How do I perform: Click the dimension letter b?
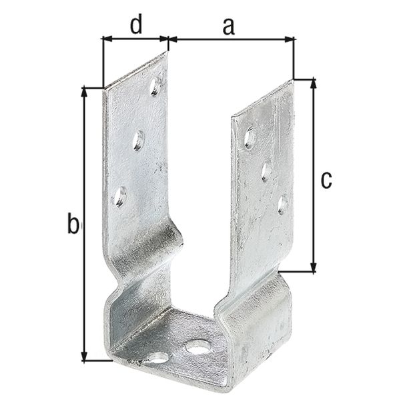click(73, 224)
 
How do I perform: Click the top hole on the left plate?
click(155, 85)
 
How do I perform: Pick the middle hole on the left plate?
click(138, 140)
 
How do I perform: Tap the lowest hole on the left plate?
click(119, 196)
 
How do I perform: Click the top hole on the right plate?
click(250, 138)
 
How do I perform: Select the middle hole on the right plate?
click(266, 171)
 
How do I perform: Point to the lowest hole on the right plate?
click(283, 203)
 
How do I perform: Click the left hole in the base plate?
click(158, 358)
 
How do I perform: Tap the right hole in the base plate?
click(198, 347)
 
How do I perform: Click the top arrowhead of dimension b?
click(84, 92)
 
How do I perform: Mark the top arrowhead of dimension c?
click(313, 83)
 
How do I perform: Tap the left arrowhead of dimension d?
click(107, 39)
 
